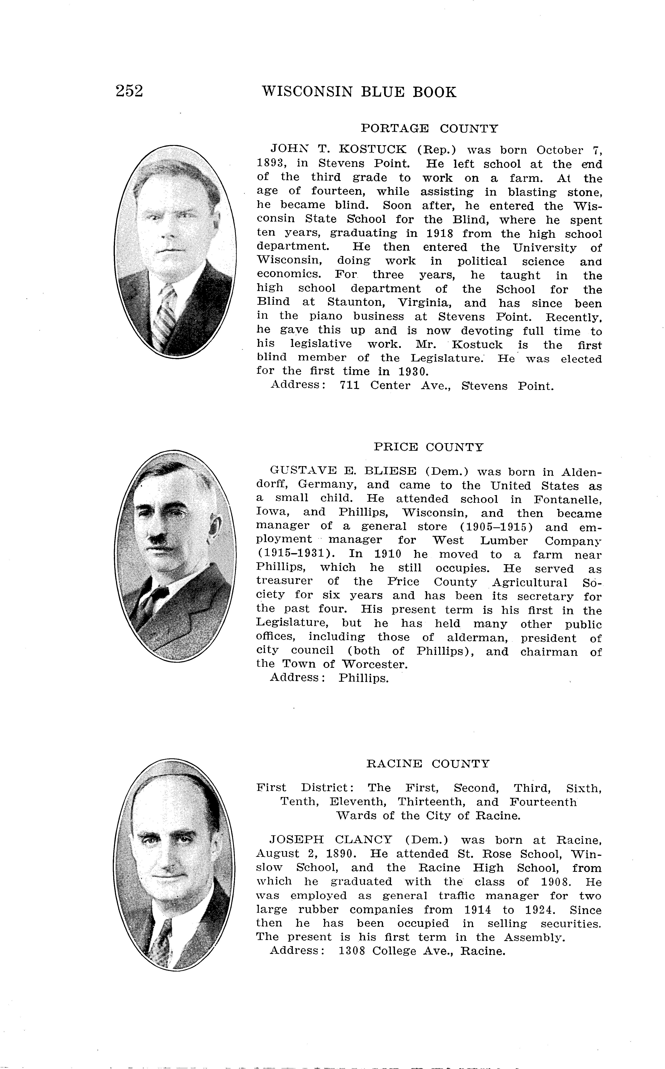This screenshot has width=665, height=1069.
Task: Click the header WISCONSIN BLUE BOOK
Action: [359, 92]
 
